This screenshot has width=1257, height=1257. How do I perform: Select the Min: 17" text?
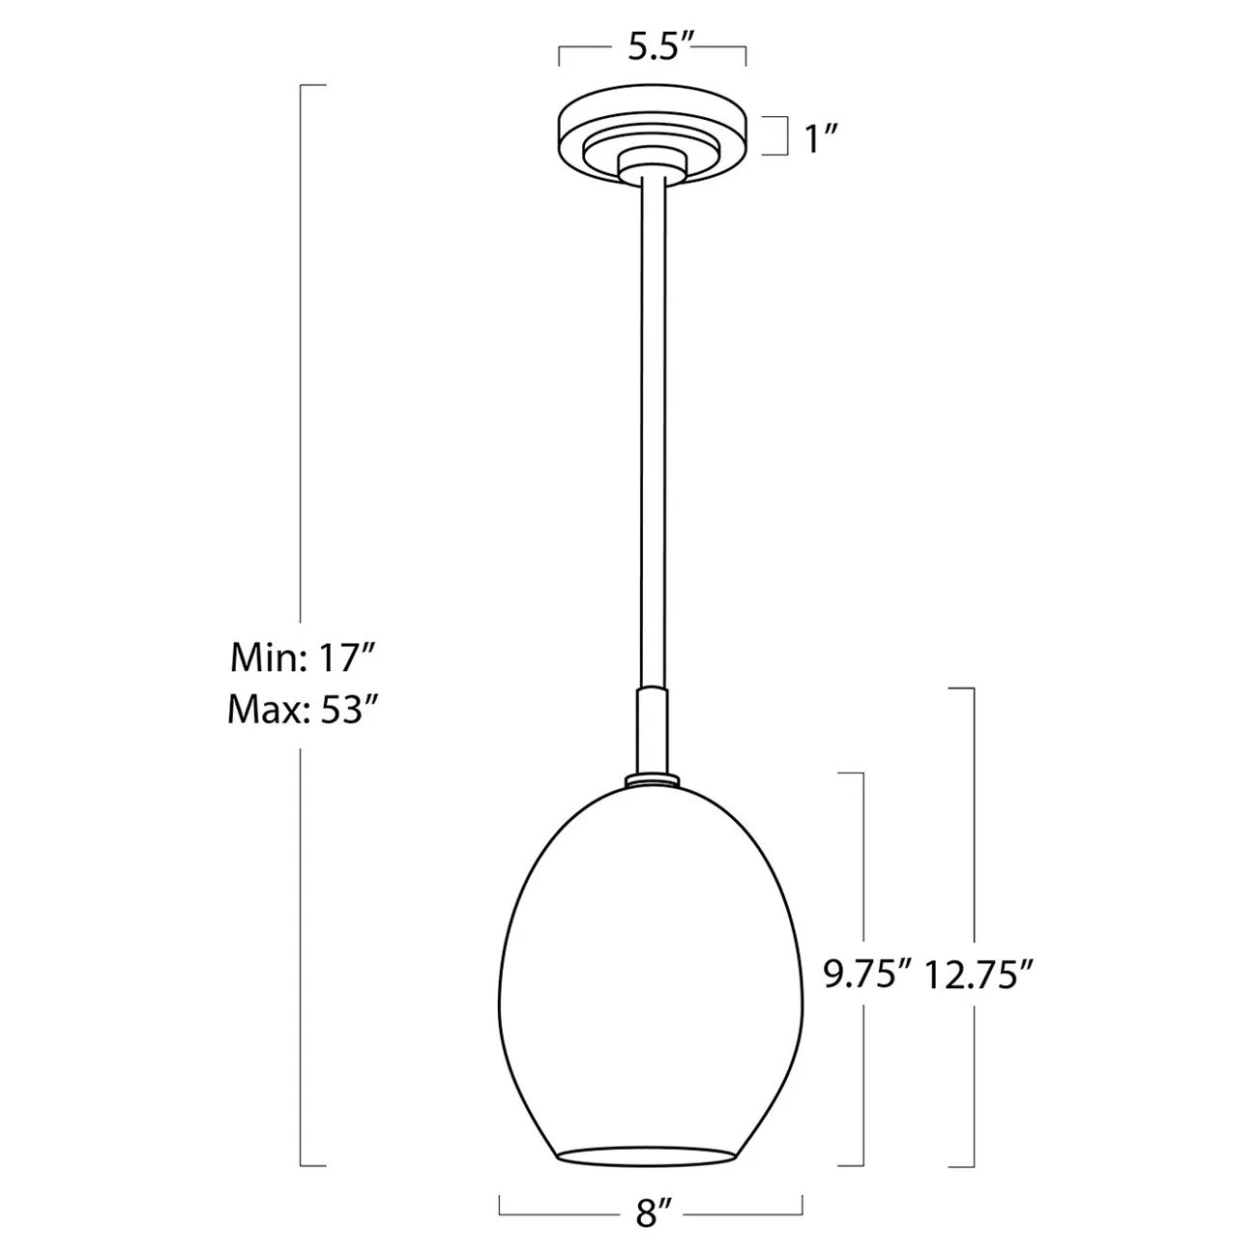coord(300,659)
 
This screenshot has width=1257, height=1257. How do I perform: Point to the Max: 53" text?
coord(300,711)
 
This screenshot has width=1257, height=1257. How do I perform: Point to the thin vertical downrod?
coord(652,435)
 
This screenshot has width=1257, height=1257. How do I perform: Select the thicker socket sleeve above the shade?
coord(652,730)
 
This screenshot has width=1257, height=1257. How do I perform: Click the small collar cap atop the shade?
coord(652,778)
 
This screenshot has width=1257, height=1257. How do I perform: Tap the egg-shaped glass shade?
coord(652,967)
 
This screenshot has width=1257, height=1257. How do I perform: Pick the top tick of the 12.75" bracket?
coord(959,688)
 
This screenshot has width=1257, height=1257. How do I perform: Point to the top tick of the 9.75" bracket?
coord(849,774)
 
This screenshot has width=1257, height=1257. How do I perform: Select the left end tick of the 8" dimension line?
coord(500,1201)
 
